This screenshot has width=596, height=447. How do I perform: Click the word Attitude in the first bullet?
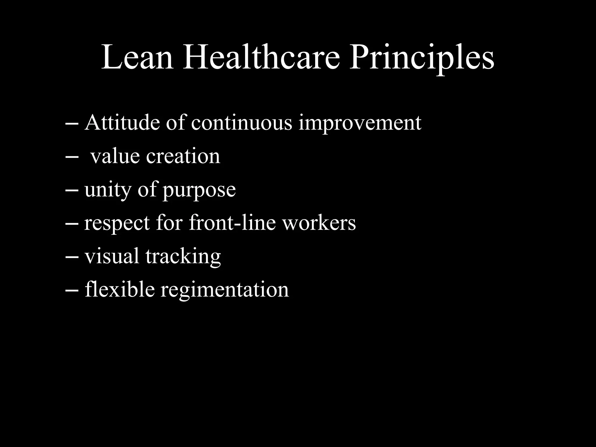coord(122,123)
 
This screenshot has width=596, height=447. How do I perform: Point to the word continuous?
coord(241,123)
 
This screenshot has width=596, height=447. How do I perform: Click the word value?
coord(115,156)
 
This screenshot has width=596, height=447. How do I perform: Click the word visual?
coord(112,256)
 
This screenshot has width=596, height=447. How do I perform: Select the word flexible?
coord(120,289)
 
